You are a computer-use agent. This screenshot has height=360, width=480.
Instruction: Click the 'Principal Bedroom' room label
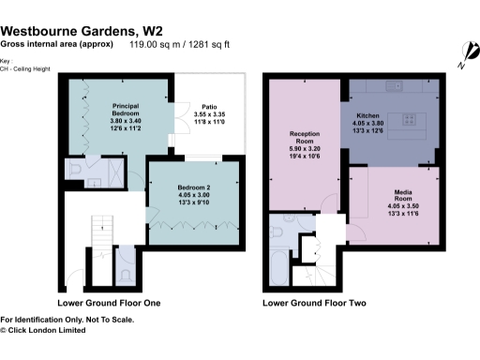[x=126, y=109]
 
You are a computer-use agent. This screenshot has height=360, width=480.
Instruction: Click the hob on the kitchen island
[x=410, y=118]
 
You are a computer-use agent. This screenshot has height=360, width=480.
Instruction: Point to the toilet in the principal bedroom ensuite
[x=75, y=170]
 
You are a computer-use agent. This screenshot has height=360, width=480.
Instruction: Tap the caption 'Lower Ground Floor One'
[x=109, y=303]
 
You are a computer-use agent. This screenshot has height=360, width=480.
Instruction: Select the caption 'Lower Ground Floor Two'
[x=314, y=303]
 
